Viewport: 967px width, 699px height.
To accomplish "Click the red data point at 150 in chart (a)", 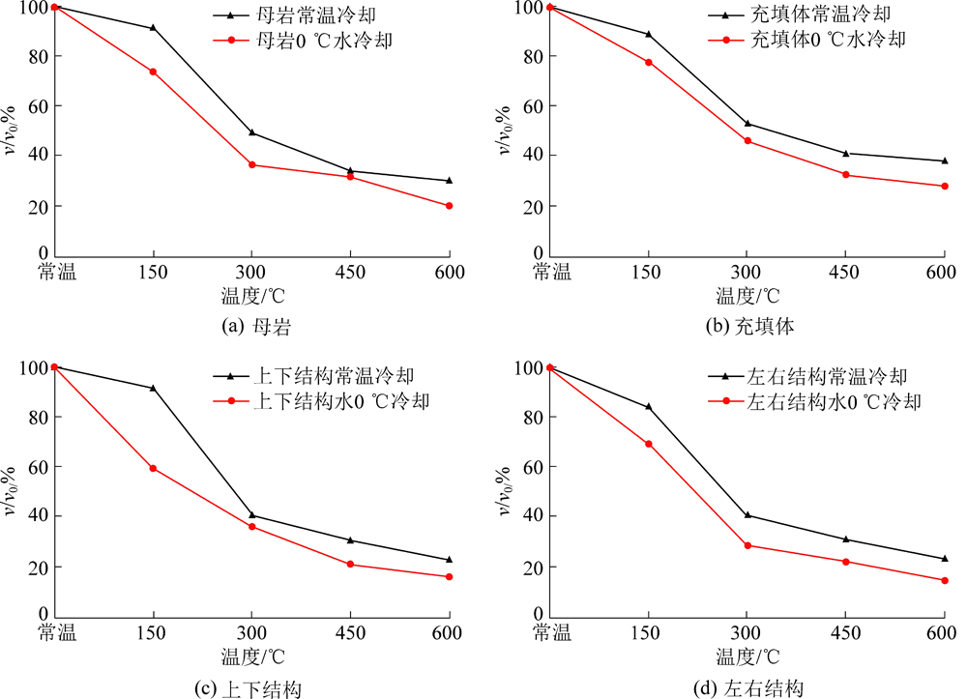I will click(x=153, y=72).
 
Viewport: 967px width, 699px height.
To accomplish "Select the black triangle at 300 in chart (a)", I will click(x=251, y=132).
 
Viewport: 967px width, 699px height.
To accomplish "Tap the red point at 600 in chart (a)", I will click(x=449, y=206).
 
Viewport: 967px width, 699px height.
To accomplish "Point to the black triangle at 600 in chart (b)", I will click(x=945, y=160).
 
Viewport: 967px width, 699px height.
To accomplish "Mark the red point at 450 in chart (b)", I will click(x=846, y=175).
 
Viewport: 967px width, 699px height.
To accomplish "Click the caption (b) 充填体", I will click(x=749, y=327).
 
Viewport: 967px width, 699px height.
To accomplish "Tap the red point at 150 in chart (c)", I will click(x=153, y=468).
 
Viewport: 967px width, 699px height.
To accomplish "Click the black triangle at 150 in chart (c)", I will click(x=153, y=388).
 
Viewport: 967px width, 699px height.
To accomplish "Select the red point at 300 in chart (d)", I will click(x=747, y=545).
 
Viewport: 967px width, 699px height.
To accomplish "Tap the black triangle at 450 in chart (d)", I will click(x=846, y=539).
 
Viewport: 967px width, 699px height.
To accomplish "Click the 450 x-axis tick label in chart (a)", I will click(x=350, y=273).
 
